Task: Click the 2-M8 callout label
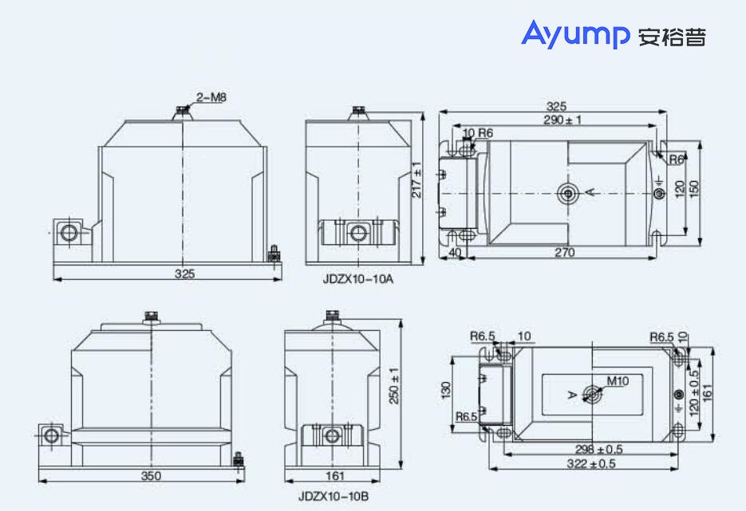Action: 211,97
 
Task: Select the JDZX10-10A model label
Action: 358,279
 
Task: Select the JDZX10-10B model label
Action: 334,496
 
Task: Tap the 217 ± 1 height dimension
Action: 416,181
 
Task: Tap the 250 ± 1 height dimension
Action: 393,385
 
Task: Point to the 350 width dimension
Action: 151,476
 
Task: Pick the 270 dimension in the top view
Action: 563,252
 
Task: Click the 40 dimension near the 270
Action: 456,252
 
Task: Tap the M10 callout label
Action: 618,381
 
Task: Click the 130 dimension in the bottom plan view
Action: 446,390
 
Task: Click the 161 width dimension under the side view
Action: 336,476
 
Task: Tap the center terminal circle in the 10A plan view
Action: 568,192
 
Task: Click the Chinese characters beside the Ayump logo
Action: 672,37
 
